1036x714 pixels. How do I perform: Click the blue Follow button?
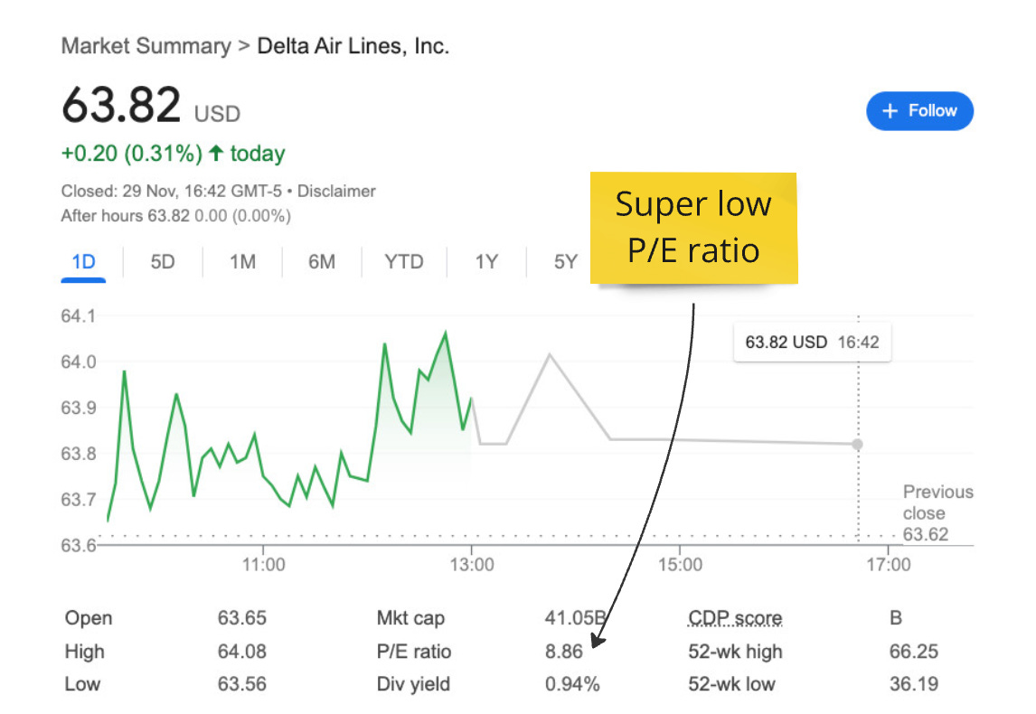919,111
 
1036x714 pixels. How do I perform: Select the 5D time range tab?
163,262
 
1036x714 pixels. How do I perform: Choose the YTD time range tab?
403,262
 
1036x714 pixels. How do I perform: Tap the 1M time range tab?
242,262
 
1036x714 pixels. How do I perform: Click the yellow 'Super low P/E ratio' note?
693,228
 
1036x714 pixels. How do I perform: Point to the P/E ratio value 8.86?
564,652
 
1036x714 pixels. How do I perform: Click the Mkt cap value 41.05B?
575,619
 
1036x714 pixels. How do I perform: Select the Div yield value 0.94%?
572,684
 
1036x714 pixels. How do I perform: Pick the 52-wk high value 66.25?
913,652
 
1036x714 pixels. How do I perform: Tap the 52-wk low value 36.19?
913,684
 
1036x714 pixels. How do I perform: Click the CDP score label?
735,619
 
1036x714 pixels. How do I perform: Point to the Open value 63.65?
242,619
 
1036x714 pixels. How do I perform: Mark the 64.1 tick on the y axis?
78,316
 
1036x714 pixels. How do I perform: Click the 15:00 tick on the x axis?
680,565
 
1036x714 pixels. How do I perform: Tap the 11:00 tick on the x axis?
263,565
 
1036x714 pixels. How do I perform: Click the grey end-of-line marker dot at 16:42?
857,444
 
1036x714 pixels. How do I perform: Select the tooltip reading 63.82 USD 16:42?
812,343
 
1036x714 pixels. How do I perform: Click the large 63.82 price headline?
122,107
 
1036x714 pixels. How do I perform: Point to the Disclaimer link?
336,192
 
